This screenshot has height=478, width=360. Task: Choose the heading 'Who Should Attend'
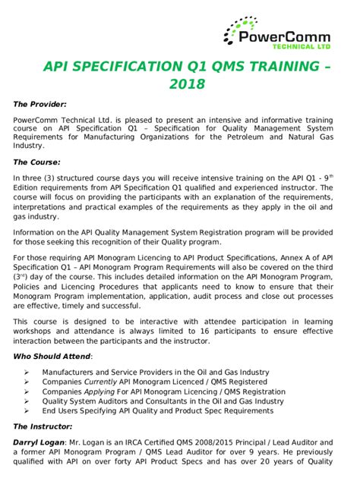pyautogui.click(x=52, y=356)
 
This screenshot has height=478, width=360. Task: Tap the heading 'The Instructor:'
pyautogui.click(x=45, y=426)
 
